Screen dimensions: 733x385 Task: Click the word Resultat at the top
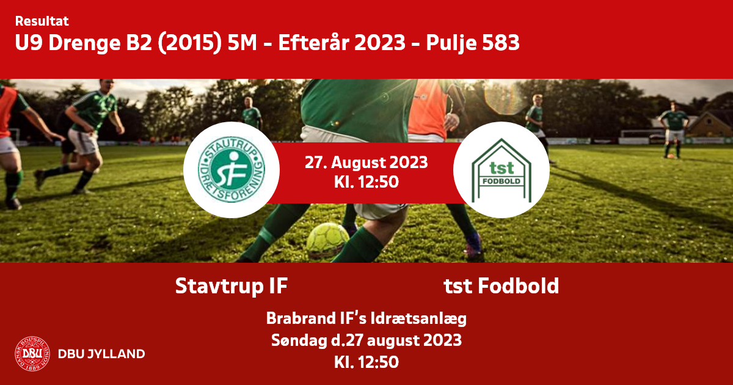[x=42, y=21]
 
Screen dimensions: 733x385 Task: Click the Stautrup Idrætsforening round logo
[x=232, y=170]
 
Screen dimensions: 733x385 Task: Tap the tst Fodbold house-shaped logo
[x=501, y=170]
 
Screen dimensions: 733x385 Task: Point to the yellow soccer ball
[x=327, y=240]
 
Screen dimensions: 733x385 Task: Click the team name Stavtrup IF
[x=232, y=286]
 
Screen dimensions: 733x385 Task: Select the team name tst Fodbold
[x=501, y=286]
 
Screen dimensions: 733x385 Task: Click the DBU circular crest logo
[x=32, y=354]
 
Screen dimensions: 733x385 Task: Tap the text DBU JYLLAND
[x=101, y=354]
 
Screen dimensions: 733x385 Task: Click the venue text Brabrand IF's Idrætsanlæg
[x=366, y=318]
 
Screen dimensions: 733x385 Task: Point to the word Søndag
[x=299, y=340]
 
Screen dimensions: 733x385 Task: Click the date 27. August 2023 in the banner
[x=366, y=163]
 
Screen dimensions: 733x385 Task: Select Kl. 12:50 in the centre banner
[x=366, y=182]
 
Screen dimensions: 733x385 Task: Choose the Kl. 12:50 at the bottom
[x=366, y=362]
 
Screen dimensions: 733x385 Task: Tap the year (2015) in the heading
[x=190, y=43]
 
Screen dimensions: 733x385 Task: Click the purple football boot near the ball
[x=473, y=245]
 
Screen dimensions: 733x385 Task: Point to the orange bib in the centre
[x=428, y=108]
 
